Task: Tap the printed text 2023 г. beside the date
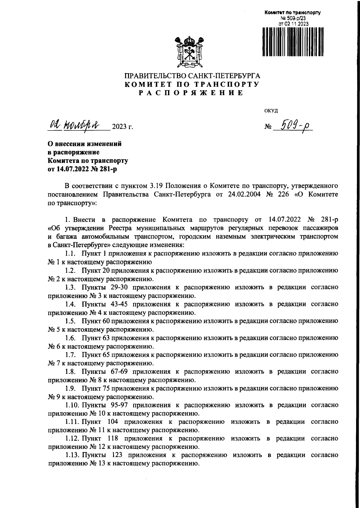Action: tap(122, 127)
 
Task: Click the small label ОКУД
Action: tap(271, 111)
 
